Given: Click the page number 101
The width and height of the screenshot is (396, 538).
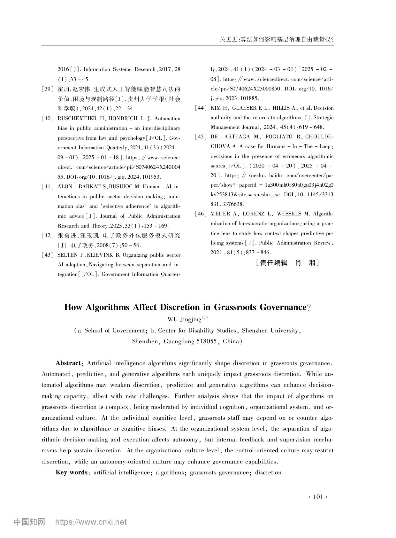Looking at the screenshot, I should [x=318, y=497].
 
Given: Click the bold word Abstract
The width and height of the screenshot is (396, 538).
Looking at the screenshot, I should [x=68, y=363].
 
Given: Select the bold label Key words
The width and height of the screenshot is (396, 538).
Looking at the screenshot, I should [x=72, y=472].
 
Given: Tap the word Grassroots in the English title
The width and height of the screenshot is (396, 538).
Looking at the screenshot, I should [x=235, y=307].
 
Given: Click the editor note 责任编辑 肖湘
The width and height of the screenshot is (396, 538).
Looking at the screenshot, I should [x=287, y=263].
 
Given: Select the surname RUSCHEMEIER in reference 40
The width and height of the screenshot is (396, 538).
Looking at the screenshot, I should [x=76, y=119].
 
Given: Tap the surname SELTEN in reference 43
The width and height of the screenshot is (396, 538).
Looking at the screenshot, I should [x=67, y=255].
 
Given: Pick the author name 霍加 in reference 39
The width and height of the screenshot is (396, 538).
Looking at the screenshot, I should [x=62, y=89].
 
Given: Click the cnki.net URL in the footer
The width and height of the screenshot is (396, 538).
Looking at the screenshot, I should [x=91, y=522].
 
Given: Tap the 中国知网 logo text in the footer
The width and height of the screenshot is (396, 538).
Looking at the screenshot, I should [x=29, y=522].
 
